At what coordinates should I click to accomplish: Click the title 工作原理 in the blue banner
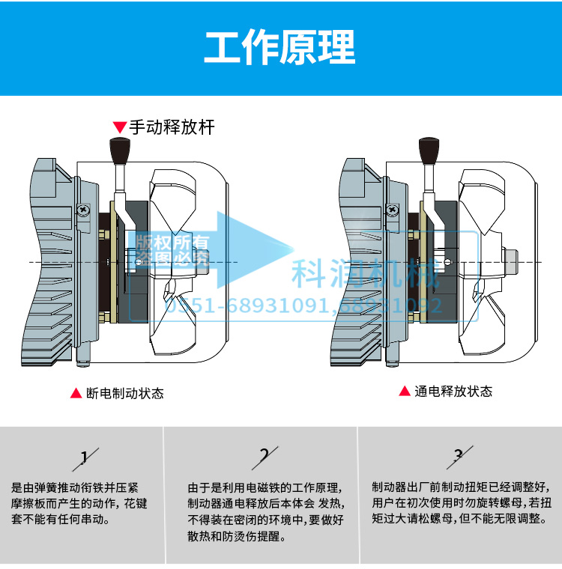(280, 47)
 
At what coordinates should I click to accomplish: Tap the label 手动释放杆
(172, 127)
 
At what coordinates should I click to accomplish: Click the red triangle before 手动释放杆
(119, 127)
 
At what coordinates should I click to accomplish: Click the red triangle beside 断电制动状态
(76, 393)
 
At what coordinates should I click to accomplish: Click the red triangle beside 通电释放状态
(404, 392)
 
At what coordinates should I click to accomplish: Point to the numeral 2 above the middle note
(264, 455)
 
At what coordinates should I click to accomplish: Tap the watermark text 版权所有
(173, 242)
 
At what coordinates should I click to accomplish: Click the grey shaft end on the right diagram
(514, 261)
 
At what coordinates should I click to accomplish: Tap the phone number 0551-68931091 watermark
(248, 305)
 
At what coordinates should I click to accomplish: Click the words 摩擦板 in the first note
(32, 502)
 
